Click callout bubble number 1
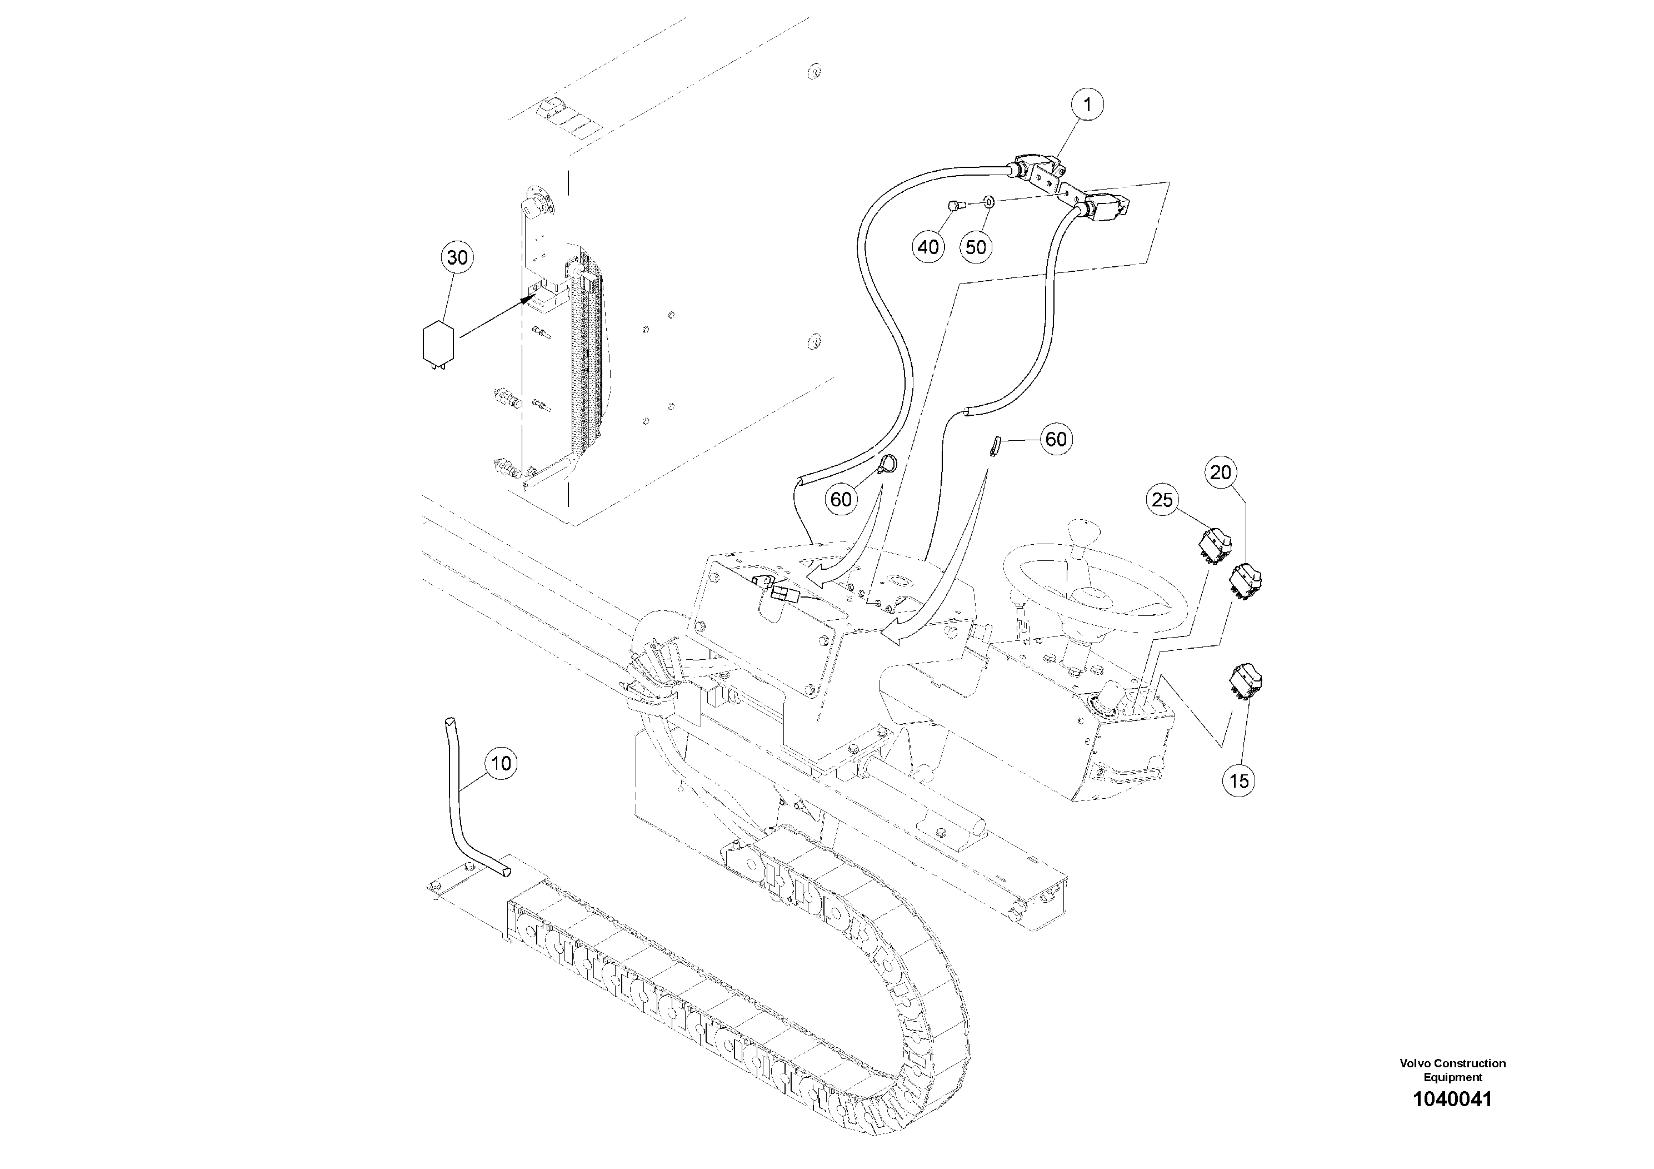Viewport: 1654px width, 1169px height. point(1087,105)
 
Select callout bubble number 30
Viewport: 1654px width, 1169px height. point(457,257)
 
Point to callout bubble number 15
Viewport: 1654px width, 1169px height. point(1239,780)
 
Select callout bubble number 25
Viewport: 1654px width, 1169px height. point(1162,500)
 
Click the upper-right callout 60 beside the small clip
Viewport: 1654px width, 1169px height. point(1056,439)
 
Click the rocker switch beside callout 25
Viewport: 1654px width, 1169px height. point(1215,545)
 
